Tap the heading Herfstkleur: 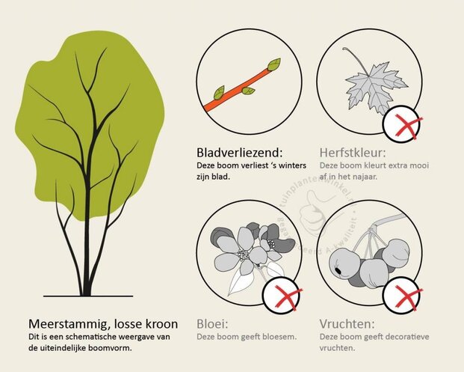[354, 151]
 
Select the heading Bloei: [213, 324]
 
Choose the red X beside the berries [403, 298]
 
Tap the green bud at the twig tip [274, 64]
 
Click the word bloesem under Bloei [282, 337]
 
